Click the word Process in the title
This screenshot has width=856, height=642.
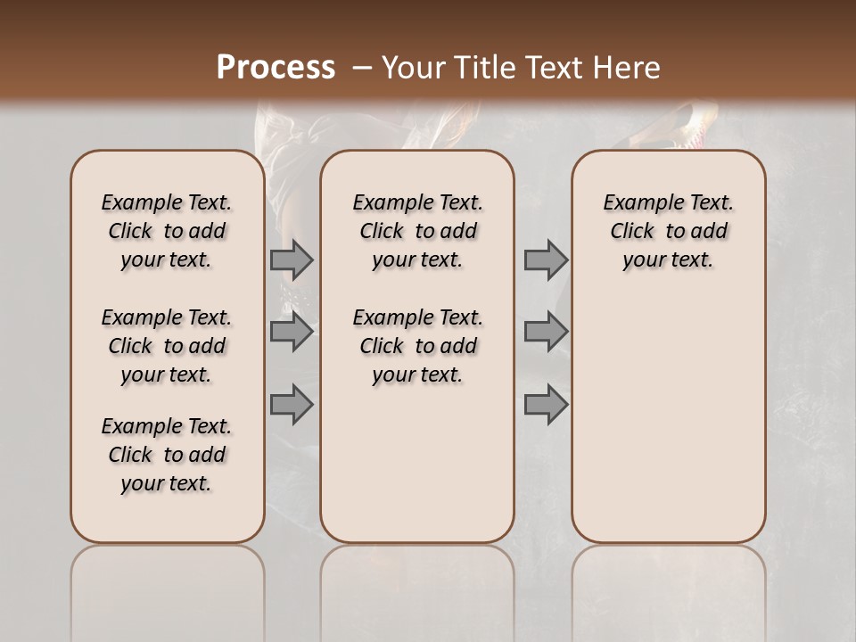click(x=276, y=68)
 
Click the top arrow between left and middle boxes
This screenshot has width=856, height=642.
click(x=291, y=260)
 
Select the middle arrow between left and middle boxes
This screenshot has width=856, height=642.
click(x=291, y=333)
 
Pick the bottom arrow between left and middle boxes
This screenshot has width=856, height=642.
click(x=291, y=404)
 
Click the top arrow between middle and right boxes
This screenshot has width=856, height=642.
click(x=546, y=260)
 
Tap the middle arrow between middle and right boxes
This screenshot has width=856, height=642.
click(x=546, y=333)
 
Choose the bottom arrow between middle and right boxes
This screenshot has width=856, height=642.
click(x=546, y=404)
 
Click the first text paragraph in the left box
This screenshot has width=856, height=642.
click(x=167, y=231)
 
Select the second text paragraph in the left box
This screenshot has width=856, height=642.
click(x=167, y=346)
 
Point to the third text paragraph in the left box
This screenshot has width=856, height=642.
click(x=167, y=455)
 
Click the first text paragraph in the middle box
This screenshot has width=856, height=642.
click(x=418, y=231)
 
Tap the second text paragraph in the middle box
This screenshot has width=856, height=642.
click(x=418, y=346)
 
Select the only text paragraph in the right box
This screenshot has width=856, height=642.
click(x=669, y=231)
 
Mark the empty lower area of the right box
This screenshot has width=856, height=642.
click(x=669, y=419)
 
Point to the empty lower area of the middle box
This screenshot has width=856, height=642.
click(x=418, y=464)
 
